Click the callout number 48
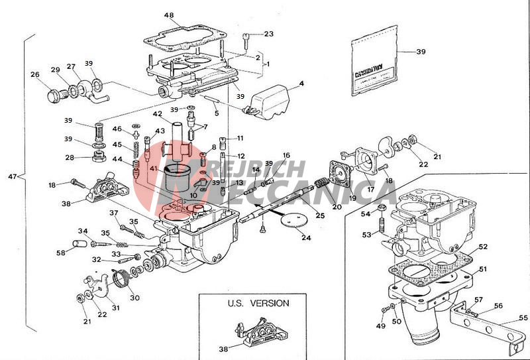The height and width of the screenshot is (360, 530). [x=169, y=15]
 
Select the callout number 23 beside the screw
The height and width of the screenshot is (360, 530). [x=268, y=34]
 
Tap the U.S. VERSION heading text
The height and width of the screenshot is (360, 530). [x=258, y=304]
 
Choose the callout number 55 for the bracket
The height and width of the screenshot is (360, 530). [x=523, y=318]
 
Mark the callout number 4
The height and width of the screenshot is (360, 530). [x=301, y=84]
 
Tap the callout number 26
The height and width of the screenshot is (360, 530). [x=35, y=75]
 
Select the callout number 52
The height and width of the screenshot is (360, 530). [x=483, y=247]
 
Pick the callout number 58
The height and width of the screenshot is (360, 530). [x=61, y=252]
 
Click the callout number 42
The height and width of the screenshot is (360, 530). [x=158, y=114]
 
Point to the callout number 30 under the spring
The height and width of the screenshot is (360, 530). [x=134, y=298]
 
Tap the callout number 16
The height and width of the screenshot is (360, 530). [x=286, y=155]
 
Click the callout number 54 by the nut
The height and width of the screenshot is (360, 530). [x=365, y=213]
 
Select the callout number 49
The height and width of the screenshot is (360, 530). [x=381, y=326]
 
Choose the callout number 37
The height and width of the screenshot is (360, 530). [x=113, y=213]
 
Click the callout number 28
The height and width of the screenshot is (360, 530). [x=69, y=158]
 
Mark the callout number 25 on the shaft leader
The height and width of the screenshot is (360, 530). [x=320, y=215]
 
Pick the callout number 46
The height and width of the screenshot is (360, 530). [x=117, y=129]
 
